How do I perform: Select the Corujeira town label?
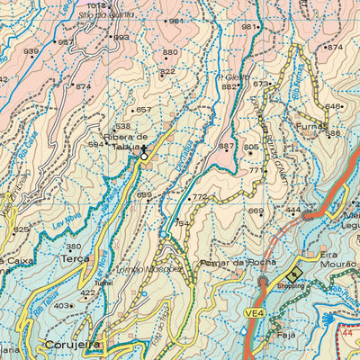tap(75, 344)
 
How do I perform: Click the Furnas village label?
tap(311, 128)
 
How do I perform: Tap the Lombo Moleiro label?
tap(155, 269)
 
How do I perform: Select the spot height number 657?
tap(142, 110)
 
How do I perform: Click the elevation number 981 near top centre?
tap(176, 21)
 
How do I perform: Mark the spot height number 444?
tap(292, 210)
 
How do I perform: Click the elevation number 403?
tap(61, 306)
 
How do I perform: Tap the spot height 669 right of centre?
tap(256, 211)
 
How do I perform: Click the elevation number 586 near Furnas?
tap(333, 133)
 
